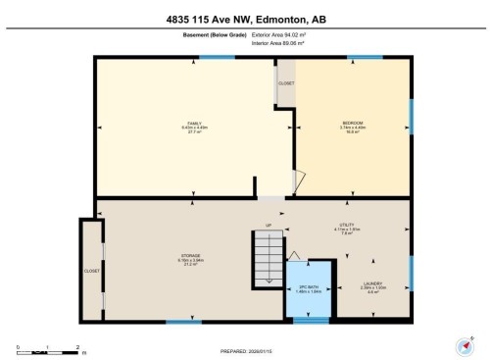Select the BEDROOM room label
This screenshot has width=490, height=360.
(x=352, y=128)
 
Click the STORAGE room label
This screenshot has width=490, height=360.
(x=190, y=259)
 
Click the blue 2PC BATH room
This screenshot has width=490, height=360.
(x=309, y=289)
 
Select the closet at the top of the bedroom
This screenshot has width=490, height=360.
(x=285, y=83)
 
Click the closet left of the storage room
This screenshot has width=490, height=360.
(x=90, y=269)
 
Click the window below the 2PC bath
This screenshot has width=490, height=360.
(x=311, y=320)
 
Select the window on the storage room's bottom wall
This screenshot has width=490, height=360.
(x=177, y=321)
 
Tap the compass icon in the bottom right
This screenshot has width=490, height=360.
(x=461, y=344)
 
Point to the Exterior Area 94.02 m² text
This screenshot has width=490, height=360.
(x=279, y=34)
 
